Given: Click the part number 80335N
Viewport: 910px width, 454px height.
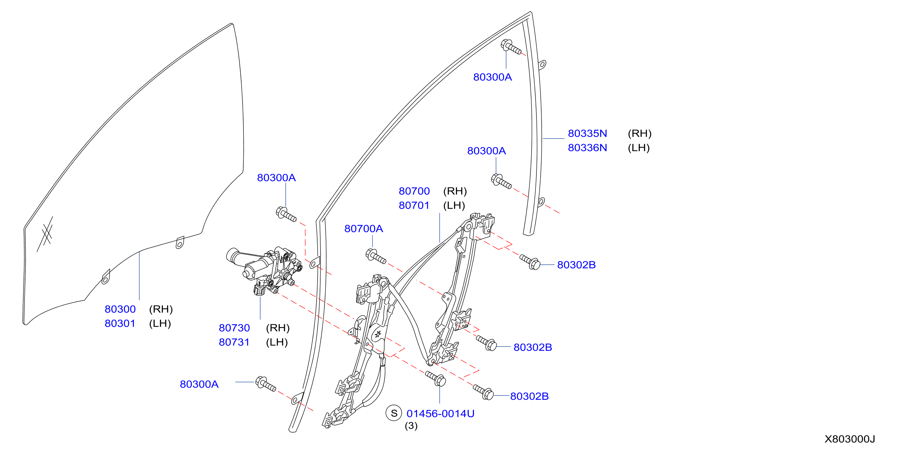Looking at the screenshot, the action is click(x=587, y=133).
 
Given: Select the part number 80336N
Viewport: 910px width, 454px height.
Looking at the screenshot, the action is click(x=587, y=147).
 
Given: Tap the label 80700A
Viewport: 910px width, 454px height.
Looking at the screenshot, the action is click(x=363, y=229).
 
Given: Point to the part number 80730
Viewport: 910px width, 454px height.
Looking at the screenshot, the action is click(x=234, y=328).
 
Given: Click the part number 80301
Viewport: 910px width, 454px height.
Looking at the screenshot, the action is click(x=120, y=323).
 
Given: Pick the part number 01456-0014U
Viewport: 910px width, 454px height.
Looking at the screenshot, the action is click(x=441, y=414).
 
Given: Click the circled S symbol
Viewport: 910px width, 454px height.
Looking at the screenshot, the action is click(x=394, y=413).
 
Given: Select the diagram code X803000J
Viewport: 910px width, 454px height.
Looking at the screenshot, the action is click(x=850, y=439).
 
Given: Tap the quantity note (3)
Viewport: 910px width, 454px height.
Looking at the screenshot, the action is click(x=411, y=426).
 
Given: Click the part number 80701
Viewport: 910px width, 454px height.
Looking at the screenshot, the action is click(x=414, y=206).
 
